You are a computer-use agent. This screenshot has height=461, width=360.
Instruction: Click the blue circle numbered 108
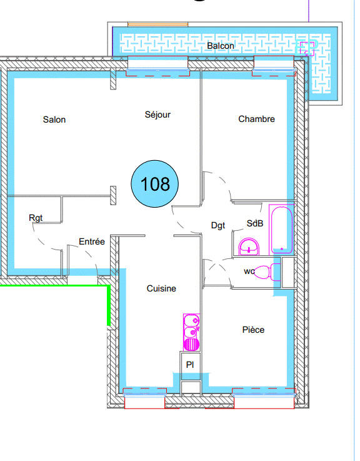[x=155, y=184]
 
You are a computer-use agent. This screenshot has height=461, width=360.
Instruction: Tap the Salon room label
[x=54, y=119]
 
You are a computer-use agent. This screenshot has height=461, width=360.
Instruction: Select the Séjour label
[x=157, y=114]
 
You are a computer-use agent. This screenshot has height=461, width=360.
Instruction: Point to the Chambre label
[x=256, y=119]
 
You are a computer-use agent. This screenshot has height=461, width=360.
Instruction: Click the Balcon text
[x=221, y=46]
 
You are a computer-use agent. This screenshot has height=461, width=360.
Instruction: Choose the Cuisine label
[x=161, y=288]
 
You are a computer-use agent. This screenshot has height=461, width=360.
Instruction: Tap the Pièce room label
[x=253, y=330]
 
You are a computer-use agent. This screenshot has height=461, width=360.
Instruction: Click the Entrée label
[x=91, y=241]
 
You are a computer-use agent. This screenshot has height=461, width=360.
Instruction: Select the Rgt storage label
[x=36, y=218]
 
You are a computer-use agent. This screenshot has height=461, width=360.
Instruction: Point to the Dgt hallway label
[x=217, y=226]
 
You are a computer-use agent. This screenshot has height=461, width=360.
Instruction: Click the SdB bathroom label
[x=254, y=223]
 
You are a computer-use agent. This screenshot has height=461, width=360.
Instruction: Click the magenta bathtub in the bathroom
[x=282, y=228]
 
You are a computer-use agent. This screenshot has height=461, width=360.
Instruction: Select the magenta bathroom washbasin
[x=251, y=246]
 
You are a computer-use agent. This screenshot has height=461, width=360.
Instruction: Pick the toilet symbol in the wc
[x=265, y=271]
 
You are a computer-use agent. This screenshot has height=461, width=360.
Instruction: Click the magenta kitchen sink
[x=191, y=332]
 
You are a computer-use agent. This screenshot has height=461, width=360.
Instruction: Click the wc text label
[x=249, y=271]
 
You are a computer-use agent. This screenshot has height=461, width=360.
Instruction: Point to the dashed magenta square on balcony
[x=307, y=48]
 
